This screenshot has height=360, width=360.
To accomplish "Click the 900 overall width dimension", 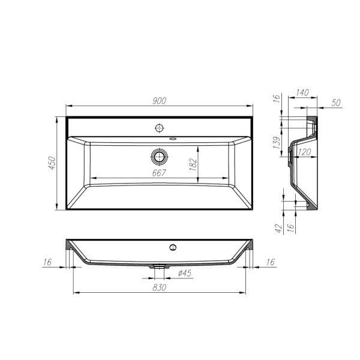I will [158, 101].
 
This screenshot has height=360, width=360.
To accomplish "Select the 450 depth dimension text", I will [52, 164].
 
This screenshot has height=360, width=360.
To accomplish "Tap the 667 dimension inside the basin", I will [159, 173].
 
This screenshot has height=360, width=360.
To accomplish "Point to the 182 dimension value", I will [193, 163].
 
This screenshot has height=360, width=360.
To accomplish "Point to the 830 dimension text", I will [158, 287].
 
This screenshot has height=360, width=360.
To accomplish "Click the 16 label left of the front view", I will [47, 262].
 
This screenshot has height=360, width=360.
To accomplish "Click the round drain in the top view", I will [159, 157].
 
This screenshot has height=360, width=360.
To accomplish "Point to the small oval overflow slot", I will [173, 140].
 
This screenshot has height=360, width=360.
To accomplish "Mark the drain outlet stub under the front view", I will [158, 265].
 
